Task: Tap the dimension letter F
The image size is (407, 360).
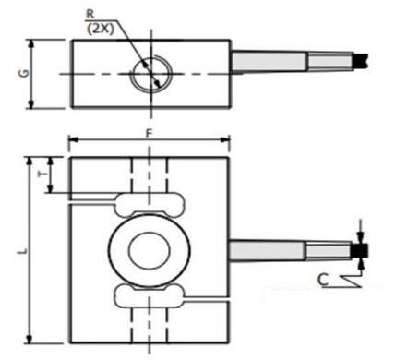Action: [x=148, y=134]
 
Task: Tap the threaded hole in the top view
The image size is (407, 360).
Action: [x=149, y=74]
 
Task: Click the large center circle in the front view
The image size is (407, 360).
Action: [x=148, y=248]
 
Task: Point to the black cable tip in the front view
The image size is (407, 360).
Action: [x=361, y=250]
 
